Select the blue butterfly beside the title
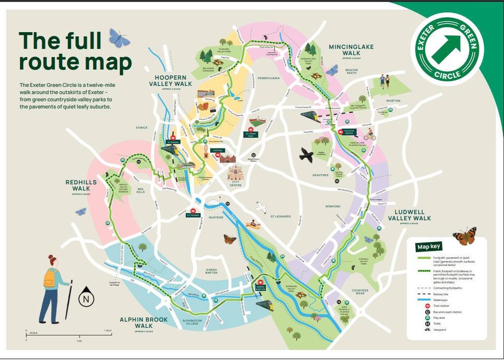[x=119, y=38]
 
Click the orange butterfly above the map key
[x=464, y=235]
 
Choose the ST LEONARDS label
[x=280, y=216]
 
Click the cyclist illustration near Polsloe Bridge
[x=370, y=135]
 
